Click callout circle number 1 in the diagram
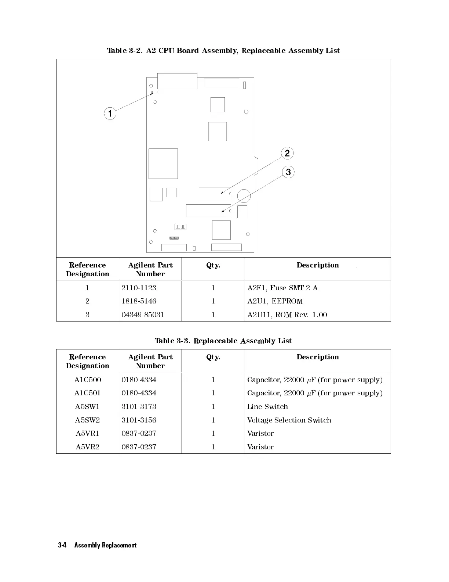tap(110, 113)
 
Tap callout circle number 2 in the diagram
tap(287, 153)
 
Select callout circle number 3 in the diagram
tap(288, 172)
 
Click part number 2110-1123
tap(139, 288)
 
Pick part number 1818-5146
tap(139, 301)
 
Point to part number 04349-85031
tap(143, 315)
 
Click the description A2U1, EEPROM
tap(275, 301)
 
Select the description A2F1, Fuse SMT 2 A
tap(282, 288)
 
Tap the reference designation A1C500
tap(88, 380)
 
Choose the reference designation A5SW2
tap(88, 420)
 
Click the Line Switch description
tap(267, 406)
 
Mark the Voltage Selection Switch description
tap(289, 420)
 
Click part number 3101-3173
tap(139, 406)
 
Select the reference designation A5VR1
tap(88, 433)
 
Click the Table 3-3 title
tap(223, 341)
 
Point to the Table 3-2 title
tap(223, 50)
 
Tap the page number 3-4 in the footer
tap(62, 545)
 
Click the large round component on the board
tap(244, 196)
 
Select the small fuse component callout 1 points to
tap(154, 92)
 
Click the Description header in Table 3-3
tap(318, 357)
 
